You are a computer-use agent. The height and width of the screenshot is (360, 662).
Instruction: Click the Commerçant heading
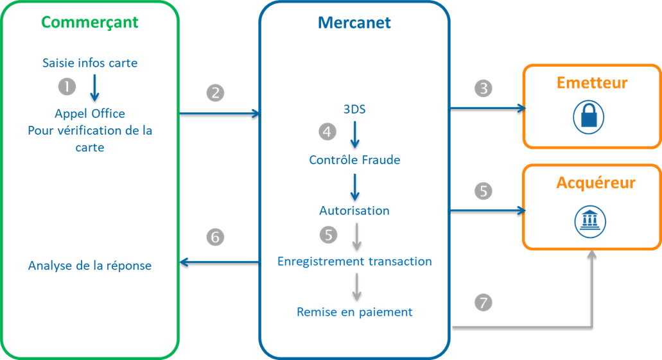[x=90, y=22]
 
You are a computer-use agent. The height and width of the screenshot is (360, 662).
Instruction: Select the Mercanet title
[x=354, y=24]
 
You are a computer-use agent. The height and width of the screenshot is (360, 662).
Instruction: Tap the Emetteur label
[x=592, y=83]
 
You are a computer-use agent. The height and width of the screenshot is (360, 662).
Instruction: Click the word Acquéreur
[x=595, y=183]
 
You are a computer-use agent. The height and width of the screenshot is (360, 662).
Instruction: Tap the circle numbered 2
[x=215, y=92]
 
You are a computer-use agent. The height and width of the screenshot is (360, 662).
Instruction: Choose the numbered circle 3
[x=483, y=89]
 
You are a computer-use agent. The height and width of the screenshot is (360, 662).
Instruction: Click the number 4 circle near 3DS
[x=328, y=132]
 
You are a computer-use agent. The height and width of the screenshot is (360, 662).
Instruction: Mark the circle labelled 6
[x=215, y=237]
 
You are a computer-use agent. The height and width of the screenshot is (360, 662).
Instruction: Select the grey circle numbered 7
[x=483, y=302]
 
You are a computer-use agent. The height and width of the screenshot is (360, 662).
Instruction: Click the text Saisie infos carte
[x=90, y=63]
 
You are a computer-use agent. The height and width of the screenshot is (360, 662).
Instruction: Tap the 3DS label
[x=354, y=109]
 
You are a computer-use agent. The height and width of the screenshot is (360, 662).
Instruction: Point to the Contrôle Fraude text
[x=354, y=160]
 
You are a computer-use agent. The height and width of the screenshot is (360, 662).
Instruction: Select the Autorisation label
[x=354, y=210]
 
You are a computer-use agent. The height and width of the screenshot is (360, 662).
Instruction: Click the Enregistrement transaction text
[x=354, y=261]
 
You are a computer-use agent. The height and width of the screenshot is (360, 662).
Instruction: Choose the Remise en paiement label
[x=354, y=312]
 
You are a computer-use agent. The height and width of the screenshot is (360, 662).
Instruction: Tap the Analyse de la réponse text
[x=90, y=265]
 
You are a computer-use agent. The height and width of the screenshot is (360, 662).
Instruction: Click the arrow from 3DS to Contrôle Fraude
[x=354, y=134]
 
